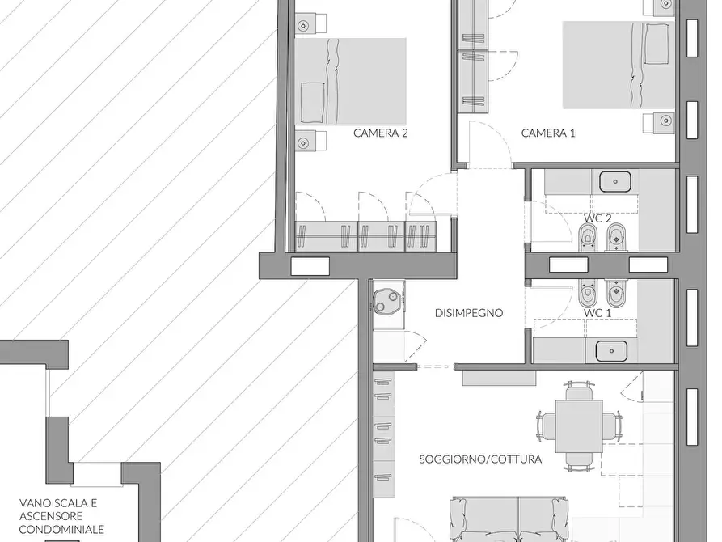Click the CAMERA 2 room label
(380, 133)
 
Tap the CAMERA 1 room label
(548, 133)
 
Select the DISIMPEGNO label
(469, 313)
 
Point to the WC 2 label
(597, 218)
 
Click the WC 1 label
(597, 313)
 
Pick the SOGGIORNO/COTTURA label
(480, 459)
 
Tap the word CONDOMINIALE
(61, 530)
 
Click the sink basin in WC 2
(615, 181)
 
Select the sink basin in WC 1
(611, 351)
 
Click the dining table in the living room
(579, 427)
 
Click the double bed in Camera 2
(350, 82)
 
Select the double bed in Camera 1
(619, 65)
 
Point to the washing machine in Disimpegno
(386, 301)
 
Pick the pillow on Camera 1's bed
(657, 44)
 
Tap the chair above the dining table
(579, 392)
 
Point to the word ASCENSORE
(51, 516)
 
